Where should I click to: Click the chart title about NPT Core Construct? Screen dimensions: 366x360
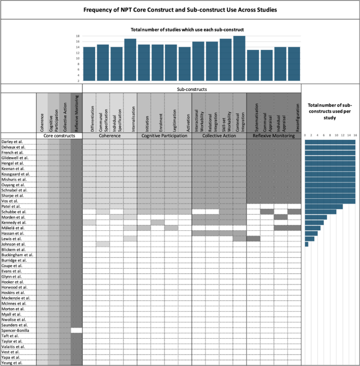[x=180, y=10]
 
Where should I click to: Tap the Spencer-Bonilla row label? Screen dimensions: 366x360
[x=17, y=330]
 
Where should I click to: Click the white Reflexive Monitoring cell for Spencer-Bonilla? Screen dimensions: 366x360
[x=77, y=330]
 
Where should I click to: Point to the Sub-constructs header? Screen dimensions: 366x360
[x=192, y=89]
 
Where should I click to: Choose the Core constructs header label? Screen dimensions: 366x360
[x=59, y=136]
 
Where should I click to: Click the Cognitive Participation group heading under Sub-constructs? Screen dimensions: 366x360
[x=164, y=136]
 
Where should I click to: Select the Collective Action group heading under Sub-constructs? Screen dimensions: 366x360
[x=219, y=136]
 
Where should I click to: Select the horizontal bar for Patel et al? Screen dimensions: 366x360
[x=324, y=206]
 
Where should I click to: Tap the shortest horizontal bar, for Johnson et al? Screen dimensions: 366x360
[x=307, y=244]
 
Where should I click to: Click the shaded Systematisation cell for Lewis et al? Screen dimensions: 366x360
[x=253, y=238]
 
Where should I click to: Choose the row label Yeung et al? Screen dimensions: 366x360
[x=12, y=362]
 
